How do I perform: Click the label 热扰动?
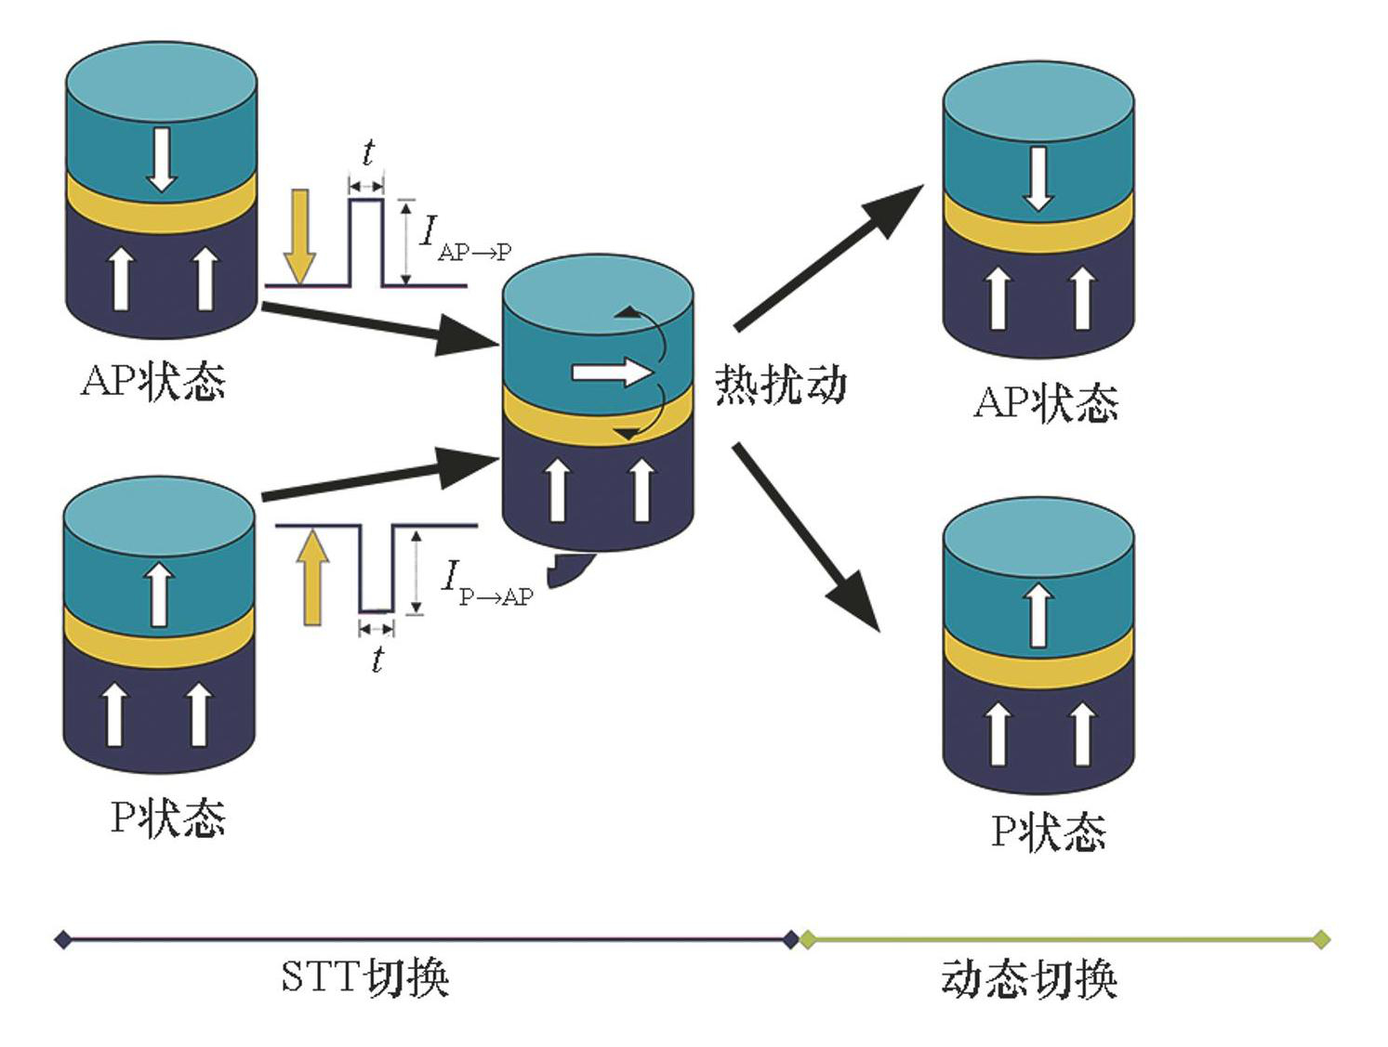click(x=780, y=384)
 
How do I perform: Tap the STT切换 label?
click(x=364, y=977)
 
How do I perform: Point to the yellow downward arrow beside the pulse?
click(x=299, y=236)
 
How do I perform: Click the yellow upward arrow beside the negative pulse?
click(x=312, y=576)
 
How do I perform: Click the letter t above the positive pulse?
click(x=368, y=152)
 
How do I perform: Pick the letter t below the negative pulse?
click(x=377, y=659)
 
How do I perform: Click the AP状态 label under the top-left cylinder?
click(x=153, y=381)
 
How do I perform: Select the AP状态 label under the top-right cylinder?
click(x=1046, y=403)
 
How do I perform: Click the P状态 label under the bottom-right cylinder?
click(x=1048, y=831)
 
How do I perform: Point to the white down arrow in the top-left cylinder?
click(x=162, y=159)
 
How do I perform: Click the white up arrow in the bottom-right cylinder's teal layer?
click(x=1038, y=614)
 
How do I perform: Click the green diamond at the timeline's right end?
click(x=1320, y=940)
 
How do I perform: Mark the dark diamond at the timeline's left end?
click(x=62, y=940)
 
